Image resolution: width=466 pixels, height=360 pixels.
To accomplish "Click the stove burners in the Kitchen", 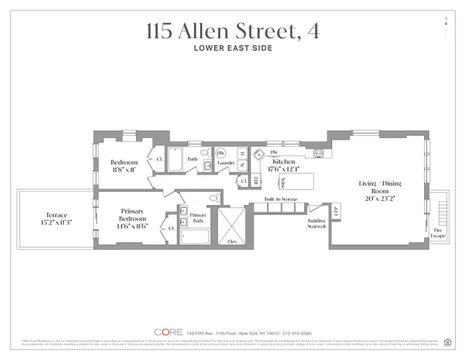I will click(318, 153).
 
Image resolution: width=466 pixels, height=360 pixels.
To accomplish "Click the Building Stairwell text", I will click(316, 223).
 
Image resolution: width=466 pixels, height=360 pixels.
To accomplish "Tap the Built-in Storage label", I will click(280, 199).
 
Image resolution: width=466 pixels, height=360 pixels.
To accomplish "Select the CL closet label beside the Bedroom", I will click(159, 159).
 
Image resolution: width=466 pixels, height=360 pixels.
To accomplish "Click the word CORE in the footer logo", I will click(168, 331).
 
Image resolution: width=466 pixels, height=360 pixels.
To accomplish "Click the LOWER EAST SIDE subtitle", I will click(233, 49).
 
